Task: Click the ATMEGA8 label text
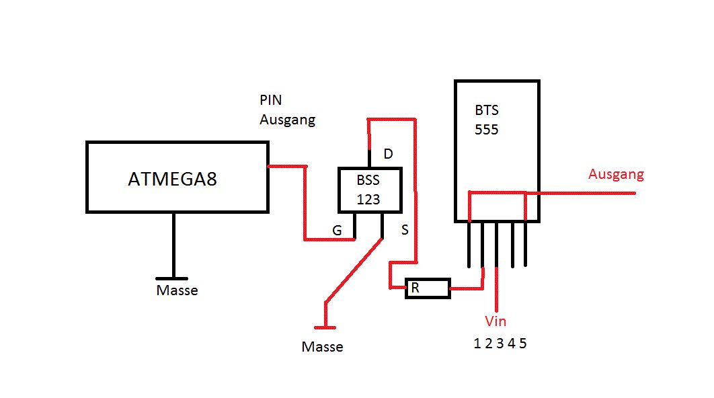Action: coord(173,180)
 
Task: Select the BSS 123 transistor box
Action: coord(368,190)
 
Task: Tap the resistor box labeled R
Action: coord(427,288)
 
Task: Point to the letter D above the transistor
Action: coord(388,154)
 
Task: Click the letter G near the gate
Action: coord(338,231)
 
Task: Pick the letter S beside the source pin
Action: coord(405,231)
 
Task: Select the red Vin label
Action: coord(495,321)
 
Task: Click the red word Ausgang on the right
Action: coord(616,174)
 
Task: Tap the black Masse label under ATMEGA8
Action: coord(177,290)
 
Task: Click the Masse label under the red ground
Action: coord(322,347)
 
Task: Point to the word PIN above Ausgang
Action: coord(271,100)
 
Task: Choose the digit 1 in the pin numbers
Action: coord(477,344)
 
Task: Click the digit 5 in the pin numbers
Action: coord(523,344)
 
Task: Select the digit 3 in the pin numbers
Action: coord(500,344)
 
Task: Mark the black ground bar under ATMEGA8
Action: coord(173,278)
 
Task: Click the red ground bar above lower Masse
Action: coord(325,327)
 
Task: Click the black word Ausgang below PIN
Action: coord(287,120)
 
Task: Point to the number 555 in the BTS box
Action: coord(487,129)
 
